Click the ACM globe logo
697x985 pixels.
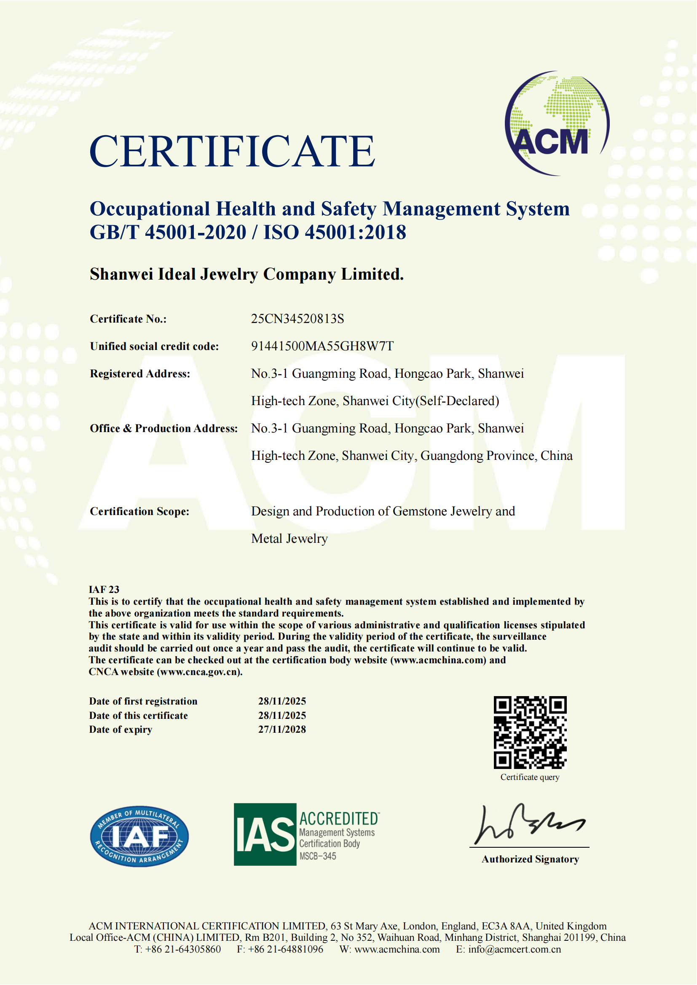click(557, 123)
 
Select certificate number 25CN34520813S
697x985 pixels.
click(298, 319)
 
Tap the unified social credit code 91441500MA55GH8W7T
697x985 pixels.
click(322, 346)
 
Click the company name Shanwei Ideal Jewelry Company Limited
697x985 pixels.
click(247, 274)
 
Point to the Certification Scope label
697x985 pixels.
click(139, 511)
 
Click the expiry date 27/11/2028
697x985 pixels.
click(282, 729)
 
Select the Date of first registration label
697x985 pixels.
click(143, 702)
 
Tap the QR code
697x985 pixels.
click(530, 732)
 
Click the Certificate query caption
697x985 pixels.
click(530, 777)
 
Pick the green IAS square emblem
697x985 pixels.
click(265, 834)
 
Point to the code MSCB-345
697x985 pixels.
click(318, 856)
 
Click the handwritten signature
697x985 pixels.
click(528, 824)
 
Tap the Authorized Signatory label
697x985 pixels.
click(530, 860)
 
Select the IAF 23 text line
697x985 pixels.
click(104, 590)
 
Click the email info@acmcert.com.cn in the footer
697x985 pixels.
click(514, 949)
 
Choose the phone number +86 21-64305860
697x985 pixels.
click(183, 949)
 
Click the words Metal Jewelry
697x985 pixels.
click(289, 539)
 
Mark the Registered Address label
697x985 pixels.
click(140, 374)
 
